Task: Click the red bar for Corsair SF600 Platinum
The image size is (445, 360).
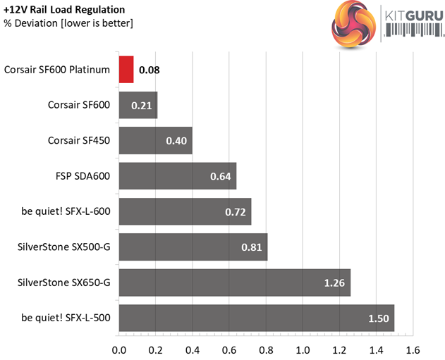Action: [126, 70]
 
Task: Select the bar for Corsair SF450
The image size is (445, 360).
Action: [155, 140]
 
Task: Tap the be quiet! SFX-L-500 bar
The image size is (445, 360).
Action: [256, 318]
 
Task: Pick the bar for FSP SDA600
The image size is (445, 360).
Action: [177, 175]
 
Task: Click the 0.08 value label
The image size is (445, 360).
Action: [149, 70]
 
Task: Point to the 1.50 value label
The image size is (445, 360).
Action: [379, 318]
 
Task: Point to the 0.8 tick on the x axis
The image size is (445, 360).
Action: [266, 349]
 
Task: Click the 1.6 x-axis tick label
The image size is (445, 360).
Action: [413, 349]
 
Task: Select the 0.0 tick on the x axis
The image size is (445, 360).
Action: [119, 349]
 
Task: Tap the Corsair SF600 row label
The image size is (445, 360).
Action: [79, 105]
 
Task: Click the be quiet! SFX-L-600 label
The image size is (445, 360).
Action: [66, 211]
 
